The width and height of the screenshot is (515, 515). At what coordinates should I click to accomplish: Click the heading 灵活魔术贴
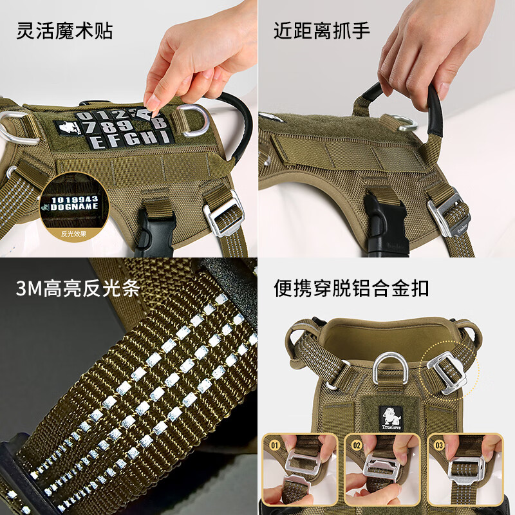64,30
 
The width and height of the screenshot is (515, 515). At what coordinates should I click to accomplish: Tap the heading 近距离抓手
322,30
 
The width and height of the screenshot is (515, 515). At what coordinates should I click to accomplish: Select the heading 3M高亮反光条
78,288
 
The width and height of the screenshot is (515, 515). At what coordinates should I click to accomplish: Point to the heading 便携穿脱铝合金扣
351,288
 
